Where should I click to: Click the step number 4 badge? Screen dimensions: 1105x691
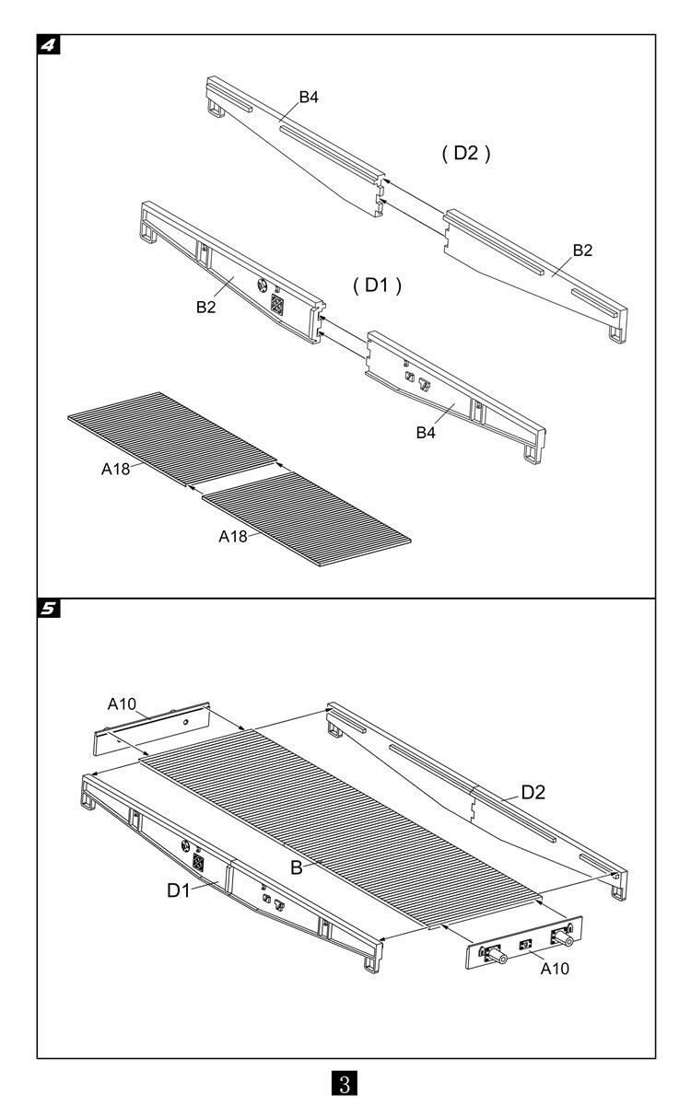47,44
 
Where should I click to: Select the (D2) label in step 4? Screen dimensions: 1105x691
464,154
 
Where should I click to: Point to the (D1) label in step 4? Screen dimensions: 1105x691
378,285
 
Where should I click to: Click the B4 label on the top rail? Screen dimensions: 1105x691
309,97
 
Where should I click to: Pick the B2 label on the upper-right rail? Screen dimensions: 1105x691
583,250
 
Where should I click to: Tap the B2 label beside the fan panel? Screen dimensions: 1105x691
205,308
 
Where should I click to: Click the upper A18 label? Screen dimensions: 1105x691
116,469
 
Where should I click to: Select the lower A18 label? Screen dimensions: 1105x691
233,537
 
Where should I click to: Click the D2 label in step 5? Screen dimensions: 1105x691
534,791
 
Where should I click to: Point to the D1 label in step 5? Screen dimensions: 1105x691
179,890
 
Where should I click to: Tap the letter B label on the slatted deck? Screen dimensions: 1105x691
297,867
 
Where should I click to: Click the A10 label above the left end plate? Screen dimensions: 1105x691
123,704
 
